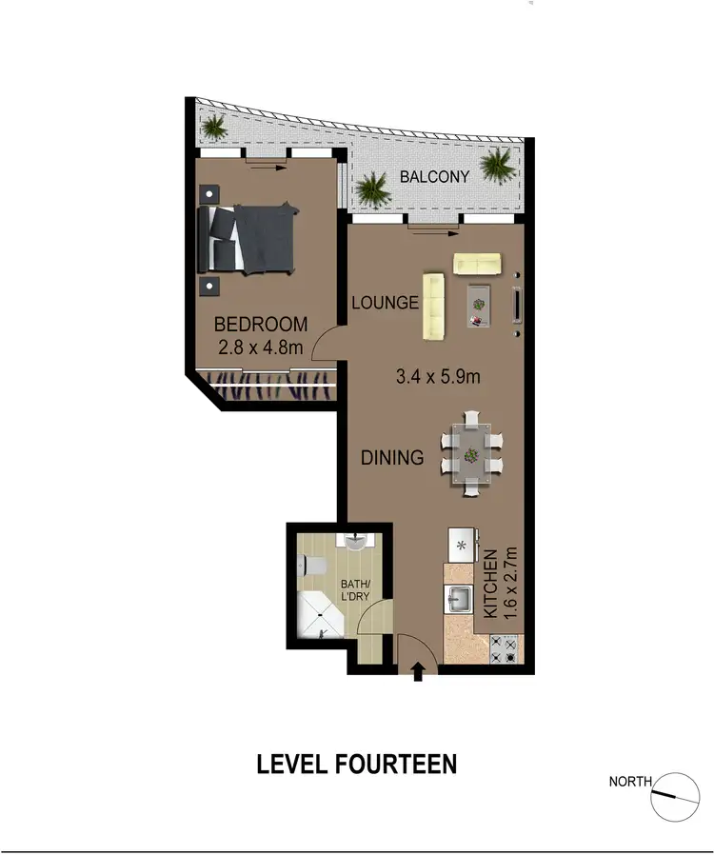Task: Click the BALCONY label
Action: pyautogui.click(x=434, y=177)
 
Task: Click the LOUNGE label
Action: pyautogui.click(x=385, y=304)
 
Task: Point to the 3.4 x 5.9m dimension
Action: pyautogui.click(x=437, y=375)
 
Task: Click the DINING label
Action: pyautogui.click(x=392, y=458)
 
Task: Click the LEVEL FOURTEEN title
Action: pyautogui.click(x=357, y=764)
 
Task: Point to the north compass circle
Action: pyautogui.click(x=675, y=796)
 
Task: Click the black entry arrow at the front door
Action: pyautogui.click(x=417, y=673)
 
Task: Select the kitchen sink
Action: pyautogui.click(x=458, y=600)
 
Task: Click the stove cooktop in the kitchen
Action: pyautogui.click(x=504, y=649)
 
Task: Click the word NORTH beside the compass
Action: pyautogui.click(x=630, y=783)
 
